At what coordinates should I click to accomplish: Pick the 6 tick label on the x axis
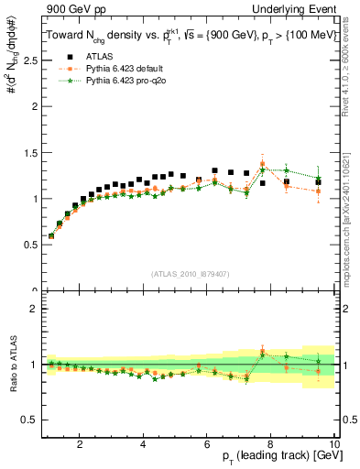[x=207, y=444]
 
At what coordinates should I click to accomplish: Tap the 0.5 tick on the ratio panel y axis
[x=32, y=420]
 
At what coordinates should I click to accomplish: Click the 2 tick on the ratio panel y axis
[x=36, y=309]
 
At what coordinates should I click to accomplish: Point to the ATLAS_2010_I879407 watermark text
[x=190, y=272]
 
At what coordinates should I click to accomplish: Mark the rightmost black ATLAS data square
[x=318, y=182]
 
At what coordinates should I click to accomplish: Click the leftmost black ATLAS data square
[x=51, y=235]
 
